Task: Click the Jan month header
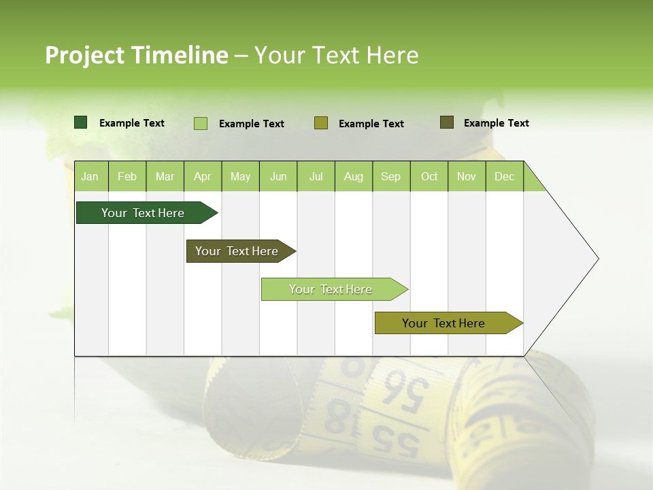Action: (x=90, y=176)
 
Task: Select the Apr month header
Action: (x=202, y=176)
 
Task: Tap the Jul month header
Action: (x=316, y=176)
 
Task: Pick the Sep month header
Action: (x=390, y=176)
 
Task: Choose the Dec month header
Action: (x=504, y=176)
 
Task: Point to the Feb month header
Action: (x=127, y=176)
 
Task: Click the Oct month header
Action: (x=429, y=176)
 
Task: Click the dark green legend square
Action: (x=81, y=122)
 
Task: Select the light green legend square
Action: (x=201, y=123)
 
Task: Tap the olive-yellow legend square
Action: (x=321, y=123)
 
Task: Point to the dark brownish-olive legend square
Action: (x=447, y=122)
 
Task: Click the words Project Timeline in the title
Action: (x=136, y=55)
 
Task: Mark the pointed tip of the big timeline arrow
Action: (x=597, y=259)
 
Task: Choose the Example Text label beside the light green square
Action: (x=252, y=124)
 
